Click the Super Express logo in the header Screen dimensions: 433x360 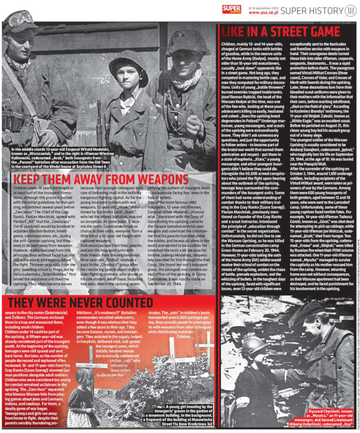click(x=232, y=9)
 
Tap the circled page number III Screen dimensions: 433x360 click(x=350, y=10)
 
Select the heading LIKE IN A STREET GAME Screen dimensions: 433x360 click(x=280, y=32)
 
